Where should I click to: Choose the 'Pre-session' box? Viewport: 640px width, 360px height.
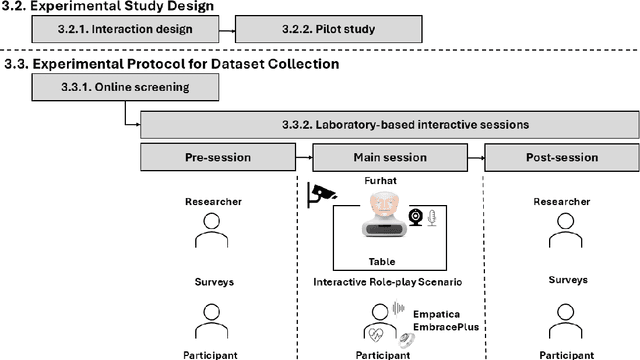click(x=218, y=157)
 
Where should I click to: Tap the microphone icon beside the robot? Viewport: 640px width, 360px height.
click(x=432, y=218)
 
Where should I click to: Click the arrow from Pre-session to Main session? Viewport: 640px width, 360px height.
click(x=305, y=157)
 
